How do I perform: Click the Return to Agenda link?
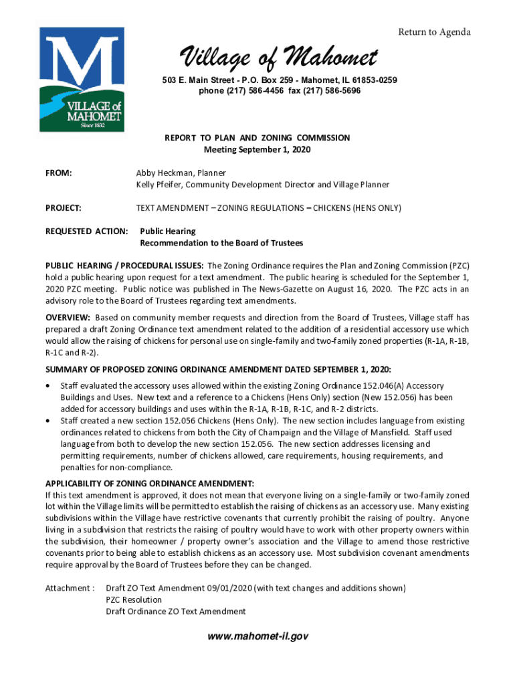[434, 32]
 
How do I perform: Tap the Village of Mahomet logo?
[81, 80]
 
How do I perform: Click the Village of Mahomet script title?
[276, 59]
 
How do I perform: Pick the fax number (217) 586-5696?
[332, 90]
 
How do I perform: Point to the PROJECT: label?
[64, 208]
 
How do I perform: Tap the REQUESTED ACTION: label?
[86, 231]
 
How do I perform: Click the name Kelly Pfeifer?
[160, 185]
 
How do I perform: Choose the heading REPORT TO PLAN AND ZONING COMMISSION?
[257, 138]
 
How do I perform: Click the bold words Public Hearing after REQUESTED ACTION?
[167, 231]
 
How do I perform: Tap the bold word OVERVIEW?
[68, 317]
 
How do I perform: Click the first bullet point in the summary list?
[48, 386]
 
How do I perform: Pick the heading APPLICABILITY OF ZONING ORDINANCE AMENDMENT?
[149, 484]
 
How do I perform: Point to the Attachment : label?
[70, 588]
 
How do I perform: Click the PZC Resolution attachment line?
[134, 600]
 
